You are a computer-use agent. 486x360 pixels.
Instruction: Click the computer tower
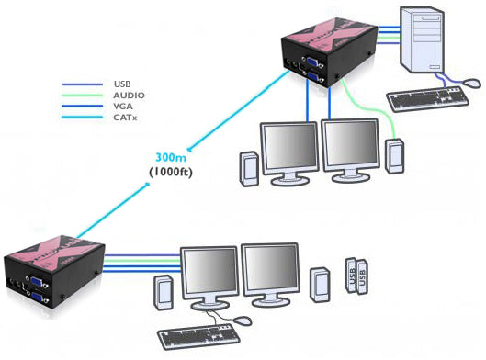pos(435,42)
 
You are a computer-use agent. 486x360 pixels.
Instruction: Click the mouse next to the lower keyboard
pos(243,320)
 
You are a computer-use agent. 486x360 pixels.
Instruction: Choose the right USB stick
pos(362,276)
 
